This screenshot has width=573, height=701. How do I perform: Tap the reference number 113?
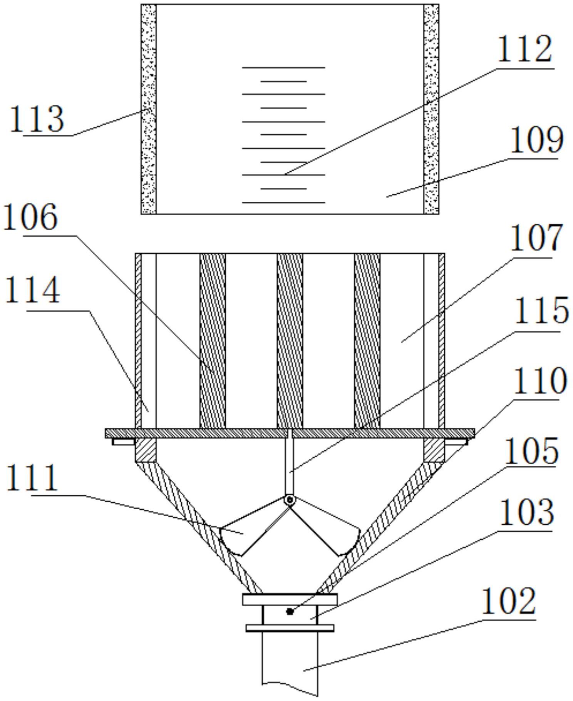pos(37,119)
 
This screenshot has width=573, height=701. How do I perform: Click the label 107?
pos(537,238)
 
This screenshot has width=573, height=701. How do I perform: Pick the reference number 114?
pos(33,290)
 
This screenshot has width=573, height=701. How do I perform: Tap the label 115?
pos(541,310)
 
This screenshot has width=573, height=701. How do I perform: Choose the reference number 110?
pos(540,380)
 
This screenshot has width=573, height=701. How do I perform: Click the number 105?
pos(531,451)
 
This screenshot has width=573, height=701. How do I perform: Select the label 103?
pos(527,512)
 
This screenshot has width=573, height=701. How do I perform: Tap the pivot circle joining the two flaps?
pos(290,500)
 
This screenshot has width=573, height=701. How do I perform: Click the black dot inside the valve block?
pos(290,611)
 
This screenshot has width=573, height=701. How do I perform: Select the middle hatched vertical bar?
pos(290,341)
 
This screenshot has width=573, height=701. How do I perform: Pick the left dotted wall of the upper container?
pos(148,109)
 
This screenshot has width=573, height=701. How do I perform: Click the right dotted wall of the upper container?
pos(431,109)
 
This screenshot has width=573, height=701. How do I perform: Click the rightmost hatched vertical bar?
pos(367,341)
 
